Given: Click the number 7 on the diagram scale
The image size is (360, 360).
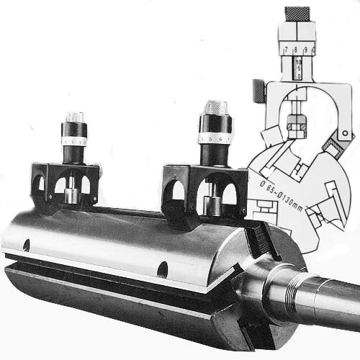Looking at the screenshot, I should (287, 50).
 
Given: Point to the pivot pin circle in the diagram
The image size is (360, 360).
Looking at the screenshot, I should (347, 135).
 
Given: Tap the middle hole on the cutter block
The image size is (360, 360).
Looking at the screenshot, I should (163, 270).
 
